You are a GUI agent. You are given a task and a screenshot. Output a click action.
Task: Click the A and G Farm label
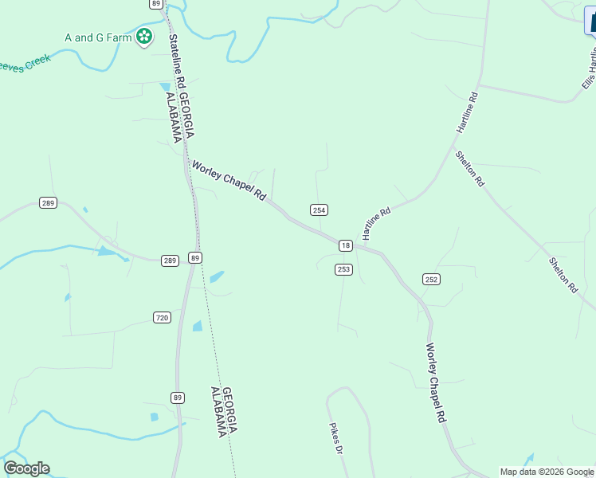pyautogui.click(x=98, y=36)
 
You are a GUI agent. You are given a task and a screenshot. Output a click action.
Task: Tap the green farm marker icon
pyautogui.click(x=144, y=36)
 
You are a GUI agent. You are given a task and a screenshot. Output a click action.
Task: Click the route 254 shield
pyautogui.click(x=319, y=210)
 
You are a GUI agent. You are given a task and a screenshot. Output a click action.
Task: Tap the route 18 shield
pyautogui.click(x=345, y=245)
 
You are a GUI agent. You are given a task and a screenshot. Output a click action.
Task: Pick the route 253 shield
pyautogui.click(x=343, y=269)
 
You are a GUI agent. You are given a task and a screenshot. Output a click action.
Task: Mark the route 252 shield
pyautogui.click(x=431, y=279)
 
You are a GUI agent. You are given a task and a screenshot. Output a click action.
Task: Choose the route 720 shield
pyautogui.click(x=162, y=318)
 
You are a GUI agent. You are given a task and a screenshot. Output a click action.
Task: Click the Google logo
pyautogui.click(x=26, y=468)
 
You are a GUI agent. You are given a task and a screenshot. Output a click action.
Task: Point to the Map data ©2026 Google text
pyautogui.click(x=547, y=472)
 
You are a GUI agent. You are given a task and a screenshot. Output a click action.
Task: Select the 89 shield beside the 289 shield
pyautogui.click(x=195, y=257)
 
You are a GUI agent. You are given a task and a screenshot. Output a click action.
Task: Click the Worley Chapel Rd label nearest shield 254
pyautogui.click(x=229, y=180)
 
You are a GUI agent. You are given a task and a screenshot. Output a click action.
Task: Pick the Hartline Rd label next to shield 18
pyautogui.click(x=377, y=224)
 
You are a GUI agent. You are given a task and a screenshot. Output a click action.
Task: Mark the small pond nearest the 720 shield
pyautogui.click(x=197, y=326)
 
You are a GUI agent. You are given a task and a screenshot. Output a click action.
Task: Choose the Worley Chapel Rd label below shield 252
pyautogui.click(x=435, y=382)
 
